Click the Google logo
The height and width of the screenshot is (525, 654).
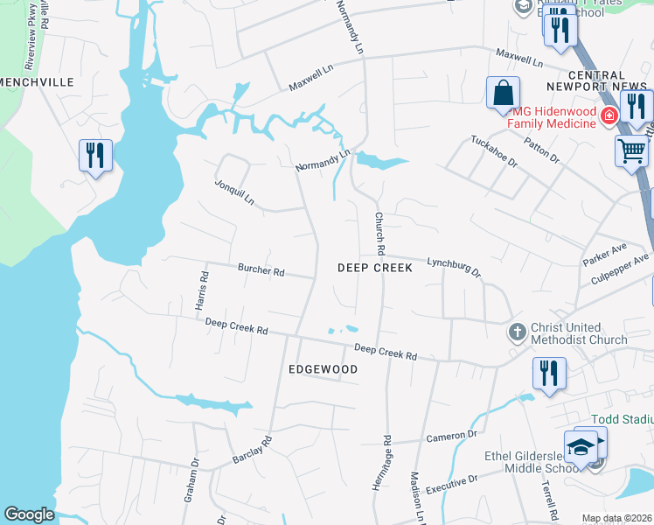click(29, 514)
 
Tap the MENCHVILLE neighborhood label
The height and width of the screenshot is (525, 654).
click(37, 81)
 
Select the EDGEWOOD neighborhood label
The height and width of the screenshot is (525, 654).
click(324, 370)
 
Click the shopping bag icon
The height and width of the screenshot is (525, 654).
click(504, 94)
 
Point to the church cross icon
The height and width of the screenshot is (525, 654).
click(518, 332)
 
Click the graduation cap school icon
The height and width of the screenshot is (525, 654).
click(581, 447)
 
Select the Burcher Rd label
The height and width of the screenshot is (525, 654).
click(261, 271)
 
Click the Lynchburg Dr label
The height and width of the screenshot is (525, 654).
click(454, 266)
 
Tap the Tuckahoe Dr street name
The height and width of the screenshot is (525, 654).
click(494, 151)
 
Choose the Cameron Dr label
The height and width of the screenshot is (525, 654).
click(452, 435)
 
